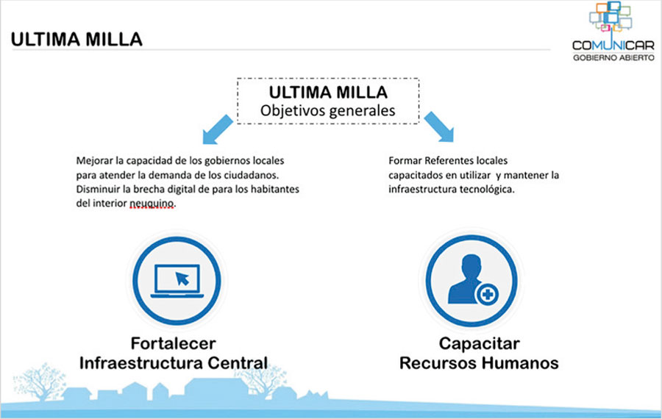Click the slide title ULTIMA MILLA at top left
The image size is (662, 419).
coord(76,39)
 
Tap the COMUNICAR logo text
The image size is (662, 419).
coord(613,45)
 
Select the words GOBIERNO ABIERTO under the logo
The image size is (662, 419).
coord(613,57)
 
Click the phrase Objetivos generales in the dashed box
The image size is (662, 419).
coord(327,110)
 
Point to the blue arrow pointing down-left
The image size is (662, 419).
coord(218,129)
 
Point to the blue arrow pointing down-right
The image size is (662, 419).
coord(439,126)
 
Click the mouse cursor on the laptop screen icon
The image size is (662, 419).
coord(182,279)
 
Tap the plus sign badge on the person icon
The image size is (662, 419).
coord(488,294)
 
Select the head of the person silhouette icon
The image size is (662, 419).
coord(471,266)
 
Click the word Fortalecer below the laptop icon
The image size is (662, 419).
coord(173,343)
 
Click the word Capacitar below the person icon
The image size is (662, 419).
coord(479,343)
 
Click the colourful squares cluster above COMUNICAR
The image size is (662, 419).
coord(611,17)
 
